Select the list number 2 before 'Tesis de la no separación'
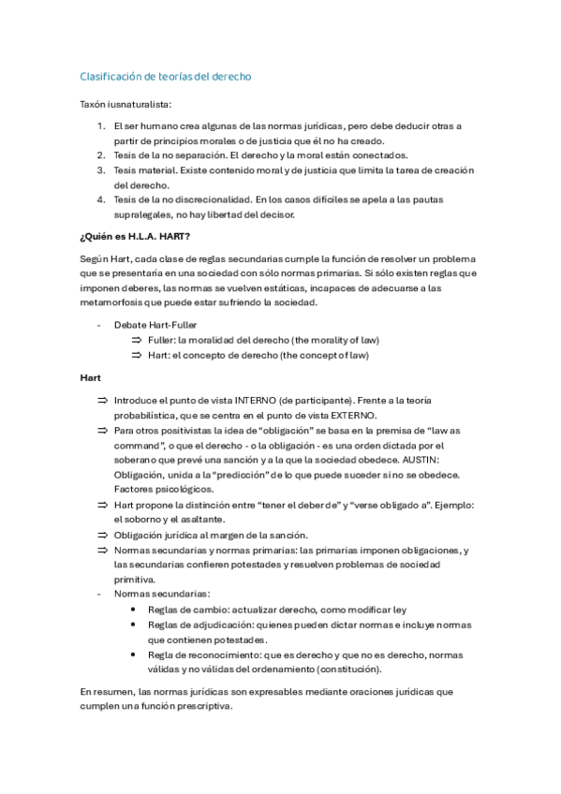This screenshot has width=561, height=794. (x=101, y=154)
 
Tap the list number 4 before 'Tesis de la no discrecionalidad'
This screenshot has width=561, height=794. (x=101, y=199)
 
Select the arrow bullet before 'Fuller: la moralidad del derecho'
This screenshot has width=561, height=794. (x=136, y=340)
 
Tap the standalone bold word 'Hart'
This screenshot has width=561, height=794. (x=91, y=377)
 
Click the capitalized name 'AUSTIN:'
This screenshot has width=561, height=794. (x=455, y=461)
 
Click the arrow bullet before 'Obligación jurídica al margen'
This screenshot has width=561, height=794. (x=103, y=535)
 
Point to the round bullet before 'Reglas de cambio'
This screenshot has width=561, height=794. (x=137, y=610)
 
